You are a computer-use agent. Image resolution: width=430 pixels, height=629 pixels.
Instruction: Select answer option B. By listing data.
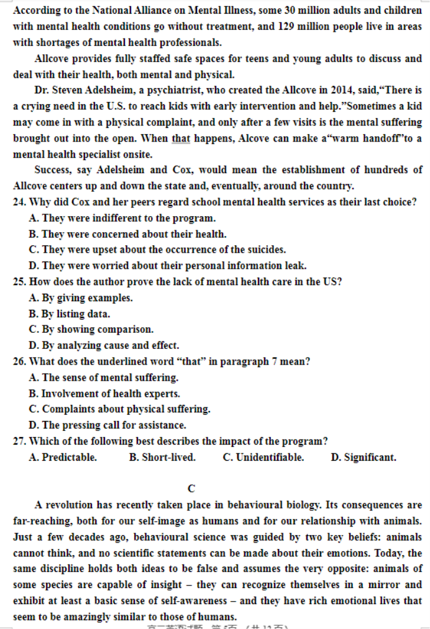[x=70, y=314]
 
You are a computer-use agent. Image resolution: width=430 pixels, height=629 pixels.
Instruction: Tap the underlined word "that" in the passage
[x=180, y=138]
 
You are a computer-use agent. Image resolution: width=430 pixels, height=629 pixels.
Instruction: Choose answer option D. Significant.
[x=364, y=458]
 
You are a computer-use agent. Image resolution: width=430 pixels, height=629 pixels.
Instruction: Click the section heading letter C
[x=191, y=488]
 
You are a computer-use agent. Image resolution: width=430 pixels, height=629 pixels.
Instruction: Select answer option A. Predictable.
[x=63, y=458]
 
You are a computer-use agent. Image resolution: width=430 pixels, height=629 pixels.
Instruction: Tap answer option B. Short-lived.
[x=162, y=458]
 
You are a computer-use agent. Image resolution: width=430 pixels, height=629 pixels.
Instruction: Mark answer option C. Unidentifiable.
[x=263, y=458]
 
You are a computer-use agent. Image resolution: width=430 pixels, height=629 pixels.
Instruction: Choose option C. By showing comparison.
[x=91, y=330]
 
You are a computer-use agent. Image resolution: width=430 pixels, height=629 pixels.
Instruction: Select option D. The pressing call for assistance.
[x=107, y=425]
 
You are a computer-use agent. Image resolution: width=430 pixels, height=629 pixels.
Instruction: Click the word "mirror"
[x=388, y=585]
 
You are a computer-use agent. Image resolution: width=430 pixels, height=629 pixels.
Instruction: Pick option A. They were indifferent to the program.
[x=122, y=219]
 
